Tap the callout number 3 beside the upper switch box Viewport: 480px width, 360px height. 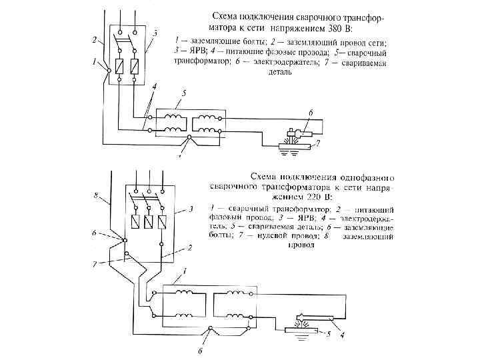pyautogui.click(x=155, y=33)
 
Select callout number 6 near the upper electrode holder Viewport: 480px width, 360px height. pyautogui.click(x=309, y=113)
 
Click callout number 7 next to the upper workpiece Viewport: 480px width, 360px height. pyautogui.click(x=318, y=143)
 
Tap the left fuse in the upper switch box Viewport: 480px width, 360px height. pyautogui.click(x=121, y=67)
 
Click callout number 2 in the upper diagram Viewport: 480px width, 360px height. pyautogui.click(x=96, y=39)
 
